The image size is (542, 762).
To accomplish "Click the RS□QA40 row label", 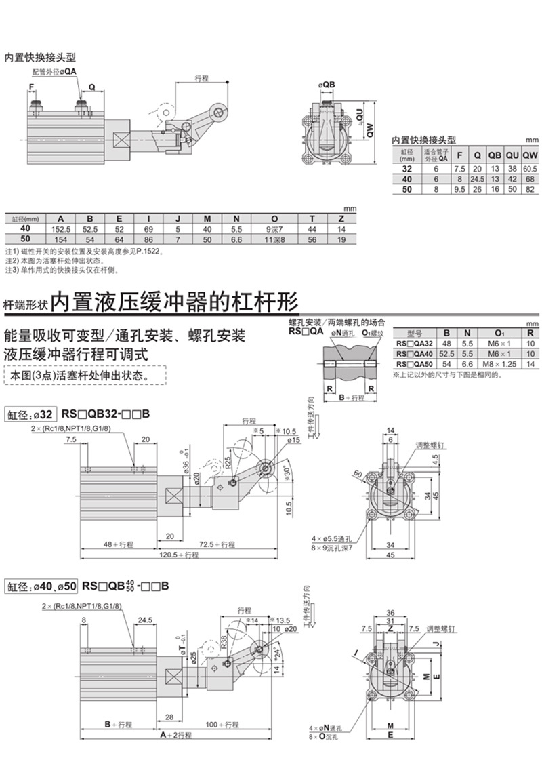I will [415, 353].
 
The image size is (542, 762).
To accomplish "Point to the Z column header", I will [342, 218].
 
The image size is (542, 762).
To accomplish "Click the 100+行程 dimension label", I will [225, 725].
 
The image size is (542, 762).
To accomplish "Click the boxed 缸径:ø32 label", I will [29, 414].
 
